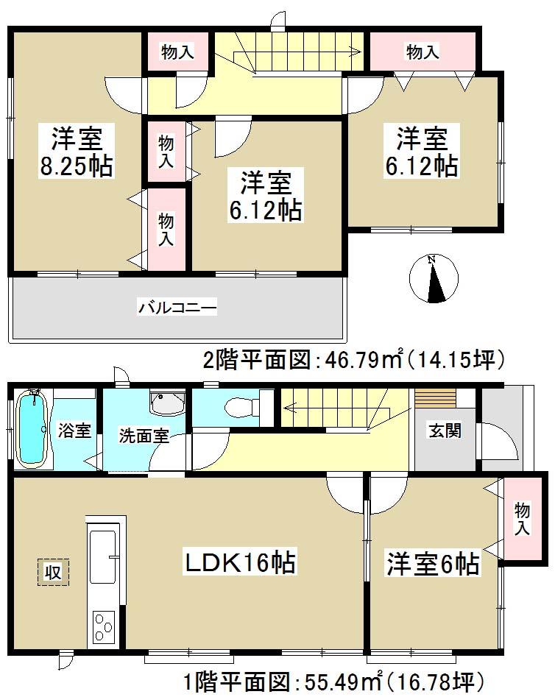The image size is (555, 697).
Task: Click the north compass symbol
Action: [x=434, y=278]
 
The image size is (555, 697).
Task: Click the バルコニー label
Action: [x=177, y=307]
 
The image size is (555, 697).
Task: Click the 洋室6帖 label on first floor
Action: [x=433, y=565]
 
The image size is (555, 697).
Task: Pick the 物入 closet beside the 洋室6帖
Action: [x=522, y=520]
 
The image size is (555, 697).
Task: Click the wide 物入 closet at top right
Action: [x=423, y=52]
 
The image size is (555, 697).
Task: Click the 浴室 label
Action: [x=74, y=430]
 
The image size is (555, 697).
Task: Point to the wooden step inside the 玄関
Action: [x=435, y=398]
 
